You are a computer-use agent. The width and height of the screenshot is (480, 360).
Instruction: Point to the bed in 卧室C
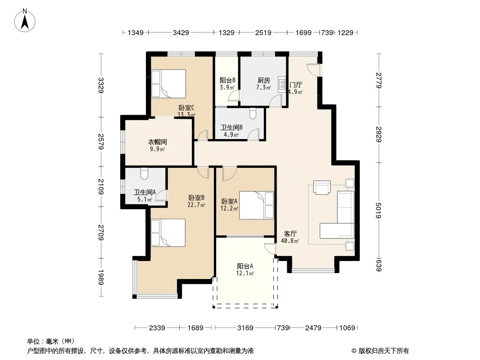click(169, 84)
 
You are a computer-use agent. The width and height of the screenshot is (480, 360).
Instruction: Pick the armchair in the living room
click(322, 188)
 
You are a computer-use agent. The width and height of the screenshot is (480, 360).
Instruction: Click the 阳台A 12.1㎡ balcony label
click(245, 269)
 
